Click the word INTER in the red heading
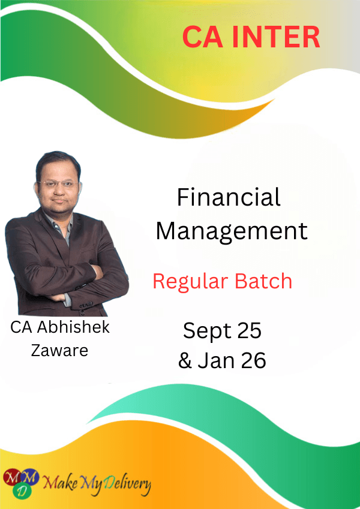(276, 37)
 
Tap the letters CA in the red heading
(203, 37)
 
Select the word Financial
(229, 197)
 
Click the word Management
(232, 232)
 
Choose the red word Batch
(263, 281)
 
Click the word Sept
(207, 332)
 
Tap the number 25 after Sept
(249, 330)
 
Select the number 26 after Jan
(254, 360)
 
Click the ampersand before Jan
(185, 360)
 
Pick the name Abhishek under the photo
(73, 327)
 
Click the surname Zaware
(59, 350)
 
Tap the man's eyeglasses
(59, 184)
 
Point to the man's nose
(58, 190)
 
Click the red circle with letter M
(11, 477)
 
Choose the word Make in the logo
(60, 483)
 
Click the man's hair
(58, 162)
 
